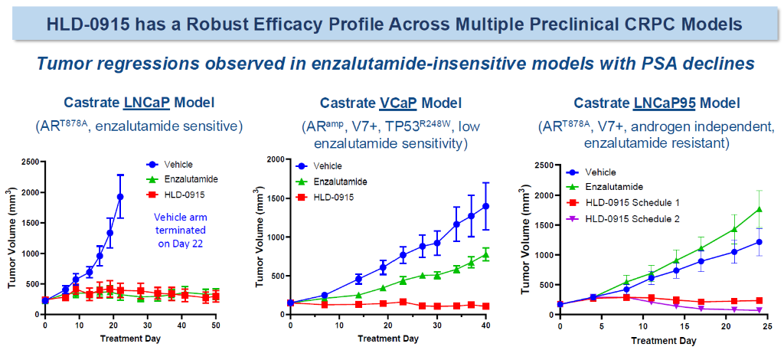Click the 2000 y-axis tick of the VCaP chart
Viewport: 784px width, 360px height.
[273, 159]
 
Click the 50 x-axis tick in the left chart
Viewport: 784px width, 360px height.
[217, 326]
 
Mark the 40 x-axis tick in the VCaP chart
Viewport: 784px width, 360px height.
[486, 326]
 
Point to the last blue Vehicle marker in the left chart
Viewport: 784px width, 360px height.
[120, 197]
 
